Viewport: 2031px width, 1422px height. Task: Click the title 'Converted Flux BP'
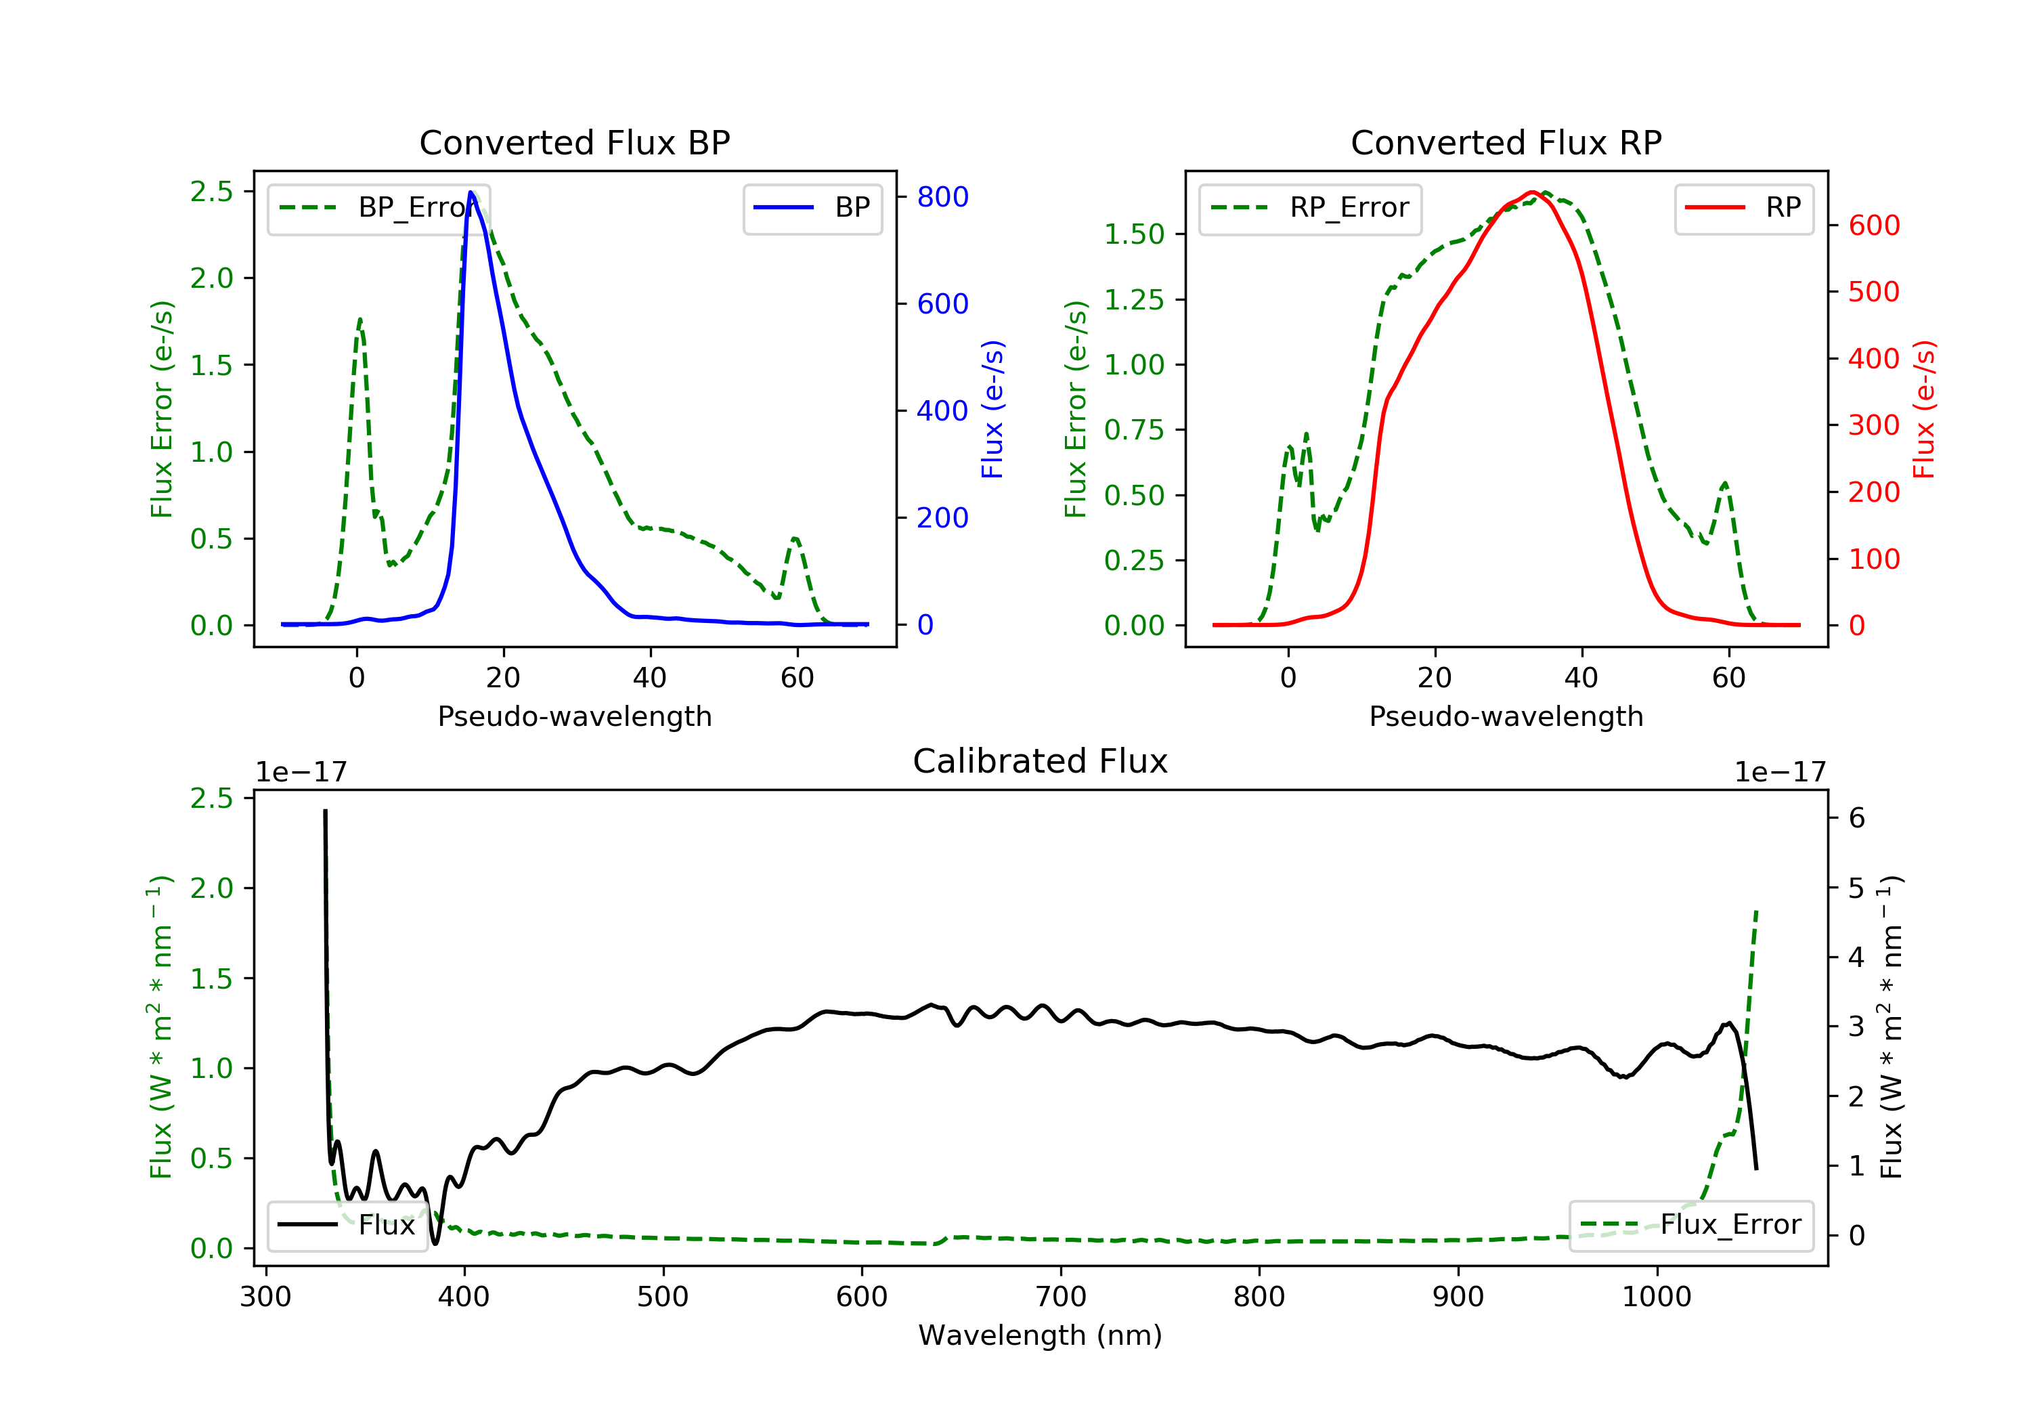(574, 142)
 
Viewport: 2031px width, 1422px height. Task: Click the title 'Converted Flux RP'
(1506, 142)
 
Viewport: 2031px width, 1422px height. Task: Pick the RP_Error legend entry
(1310, 208)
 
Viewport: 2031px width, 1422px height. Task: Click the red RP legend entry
(1743, 208)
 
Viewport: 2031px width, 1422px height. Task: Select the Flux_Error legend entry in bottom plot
(1690, 1225)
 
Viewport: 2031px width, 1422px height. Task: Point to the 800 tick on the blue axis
(942, 196)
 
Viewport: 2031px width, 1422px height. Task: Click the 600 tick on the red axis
(1873, 225)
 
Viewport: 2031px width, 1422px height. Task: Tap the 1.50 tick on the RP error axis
(1133, 234)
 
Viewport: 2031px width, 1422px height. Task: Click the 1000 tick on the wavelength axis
(1656, 1297)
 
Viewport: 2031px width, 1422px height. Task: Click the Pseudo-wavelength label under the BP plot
(574, 716)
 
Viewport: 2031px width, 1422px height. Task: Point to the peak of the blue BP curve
(471, 192)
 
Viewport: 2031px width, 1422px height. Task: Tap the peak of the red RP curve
(1531, 192)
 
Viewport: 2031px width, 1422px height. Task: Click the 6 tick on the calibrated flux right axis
(1857, 817)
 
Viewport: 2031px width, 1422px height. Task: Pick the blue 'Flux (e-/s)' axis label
(992, 409)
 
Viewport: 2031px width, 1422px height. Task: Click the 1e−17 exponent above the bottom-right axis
(1780, 773)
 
